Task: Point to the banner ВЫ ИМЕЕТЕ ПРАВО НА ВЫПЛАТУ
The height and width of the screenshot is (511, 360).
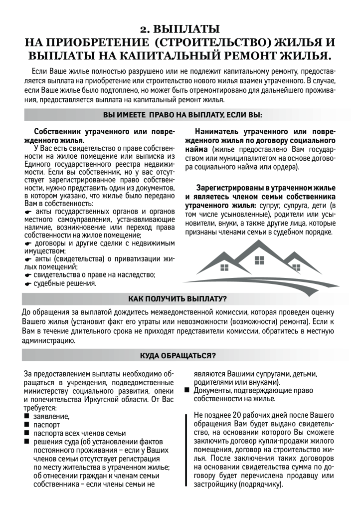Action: pos(182,115)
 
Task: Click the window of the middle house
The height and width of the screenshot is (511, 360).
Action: pos(259,260)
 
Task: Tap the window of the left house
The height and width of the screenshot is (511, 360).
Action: pos(224,267)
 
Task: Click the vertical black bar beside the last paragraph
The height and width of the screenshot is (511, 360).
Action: pos(186,450)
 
